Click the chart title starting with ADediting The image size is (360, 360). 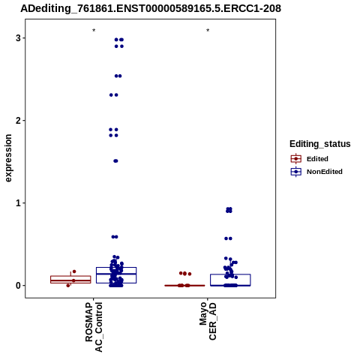pos(151,8)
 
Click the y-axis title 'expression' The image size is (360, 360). pos(8,158)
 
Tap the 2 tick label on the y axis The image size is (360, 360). pos(18,121)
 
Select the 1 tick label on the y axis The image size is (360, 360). pos(18,203)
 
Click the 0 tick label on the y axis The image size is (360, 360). pos(18,286)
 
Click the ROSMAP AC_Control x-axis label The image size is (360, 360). pos(94,327)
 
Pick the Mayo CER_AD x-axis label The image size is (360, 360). pos(208,321)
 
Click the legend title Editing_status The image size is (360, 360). pos(320,144)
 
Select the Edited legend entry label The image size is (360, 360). pos(317,159)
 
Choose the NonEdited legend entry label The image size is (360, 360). pos(325,172)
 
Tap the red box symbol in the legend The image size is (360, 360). pos(296,159)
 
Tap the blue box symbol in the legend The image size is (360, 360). pos(296,172)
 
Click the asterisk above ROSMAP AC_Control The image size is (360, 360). pos(94,31)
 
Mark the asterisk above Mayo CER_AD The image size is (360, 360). pos(208,31)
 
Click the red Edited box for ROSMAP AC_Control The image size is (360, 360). pos(70,276)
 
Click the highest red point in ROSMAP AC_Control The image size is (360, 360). pos(74,271)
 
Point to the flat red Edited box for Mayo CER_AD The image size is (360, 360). pos(184,285)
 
